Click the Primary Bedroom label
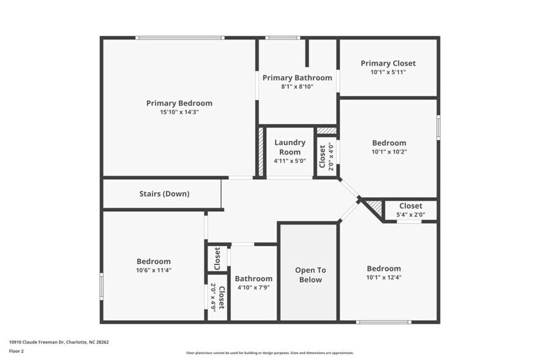pyautogui.click(x=179, y=103)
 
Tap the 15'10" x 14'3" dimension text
pyautogui.click(x=179, y=112)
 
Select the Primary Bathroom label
pyautogui.click(x=297, y=78)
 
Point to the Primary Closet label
pyautogui.click(x=388, y=63)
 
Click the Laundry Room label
pyautogui.click(x=290, y=147)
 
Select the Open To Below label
pyautogui.click(x=310, y=275)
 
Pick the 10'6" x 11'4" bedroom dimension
pyautogui.click(x=153, y=270)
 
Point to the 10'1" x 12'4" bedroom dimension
pyautogui.click(x=384, y=277)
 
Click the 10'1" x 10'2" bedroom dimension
pyautogui.click(x=389, y=151)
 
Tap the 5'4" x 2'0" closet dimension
pyautogui.click(x=411, y=215)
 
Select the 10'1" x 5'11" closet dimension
pyautogui.click(x=388, y=72)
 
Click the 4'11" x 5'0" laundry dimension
pyautogui.click(x=290, y=161)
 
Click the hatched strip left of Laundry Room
pyautogui.click(x=261, y=152)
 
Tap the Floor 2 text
pyautogui.click(x=17, y=351)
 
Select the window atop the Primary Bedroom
pyautogui.click(x=179, y=38)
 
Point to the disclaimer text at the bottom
pyautogui.click(x=270, y=353)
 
